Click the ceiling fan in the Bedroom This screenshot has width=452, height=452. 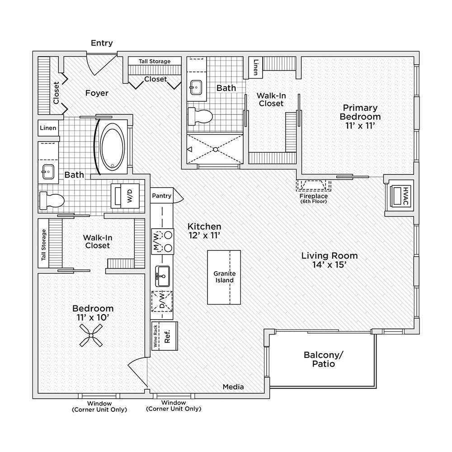[91, 335]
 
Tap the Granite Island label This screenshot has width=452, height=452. [224, 277]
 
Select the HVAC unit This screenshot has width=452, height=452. [400, 196]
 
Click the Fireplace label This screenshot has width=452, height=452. [314, 196]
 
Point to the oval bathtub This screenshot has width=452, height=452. [112, 146]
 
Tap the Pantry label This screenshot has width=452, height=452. [161, 196]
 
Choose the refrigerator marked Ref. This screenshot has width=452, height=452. [168, 336]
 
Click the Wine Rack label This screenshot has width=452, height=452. [155, 336]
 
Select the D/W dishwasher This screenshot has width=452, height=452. [162, 301]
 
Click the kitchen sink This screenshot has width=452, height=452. [163, 276]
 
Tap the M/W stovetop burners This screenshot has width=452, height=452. [163, 241]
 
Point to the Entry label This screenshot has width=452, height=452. [102, 43]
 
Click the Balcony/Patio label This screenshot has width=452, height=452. [324, 359]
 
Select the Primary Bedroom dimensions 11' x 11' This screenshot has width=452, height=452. [360, 126]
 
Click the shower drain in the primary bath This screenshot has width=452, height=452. [215, 149]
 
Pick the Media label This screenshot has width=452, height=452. [233, 387]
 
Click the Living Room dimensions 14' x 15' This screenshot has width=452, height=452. [329, 264]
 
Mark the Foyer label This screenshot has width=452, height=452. [97, 93]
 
